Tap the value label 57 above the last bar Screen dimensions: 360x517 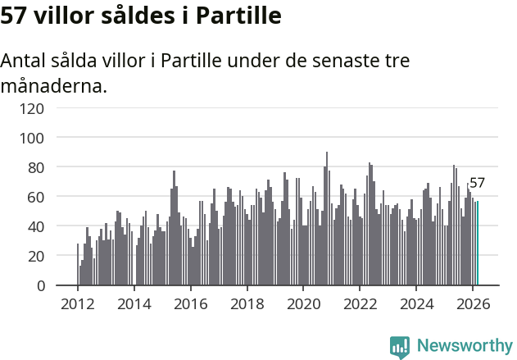click(477, 184)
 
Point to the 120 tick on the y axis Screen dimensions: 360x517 click(55, 107)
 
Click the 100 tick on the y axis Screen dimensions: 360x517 click(55, 137)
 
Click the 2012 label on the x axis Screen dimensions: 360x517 click(78, 303)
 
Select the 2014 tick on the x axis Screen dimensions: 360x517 click(134, 303)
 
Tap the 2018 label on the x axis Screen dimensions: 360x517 click(247, 303)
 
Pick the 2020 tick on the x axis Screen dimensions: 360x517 click(303, 303)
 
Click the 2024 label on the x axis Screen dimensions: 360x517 click(415, 303)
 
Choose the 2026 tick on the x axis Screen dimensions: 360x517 click(472, 303)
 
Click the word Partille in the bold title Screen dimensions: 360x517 click(235, 16)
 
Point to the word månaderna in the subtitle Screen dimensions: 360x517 click(54, 85)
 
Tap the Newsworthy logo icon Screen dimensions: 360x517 click(400, 347)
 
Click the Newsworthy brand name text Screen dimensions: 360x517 click(464, 346)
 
